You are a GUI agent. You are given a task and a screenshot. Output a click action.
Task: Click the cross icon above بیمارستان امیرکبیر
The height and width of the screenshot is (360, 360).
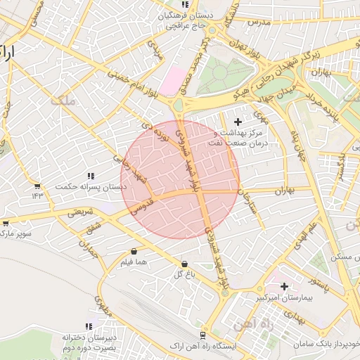(284, 286)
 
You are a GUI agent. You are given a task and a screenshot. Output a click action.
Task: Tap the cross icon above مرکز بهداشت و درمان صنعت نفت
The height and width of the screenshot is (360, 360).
(238, 122)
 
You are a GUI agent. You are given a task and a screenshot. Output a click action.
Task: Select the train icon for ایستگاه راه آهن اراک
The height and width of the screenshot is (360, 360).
(202, 335)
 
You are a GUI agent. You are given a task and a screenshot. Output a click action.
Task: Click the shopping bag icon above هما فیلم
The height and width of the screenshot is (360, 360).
(134, 251)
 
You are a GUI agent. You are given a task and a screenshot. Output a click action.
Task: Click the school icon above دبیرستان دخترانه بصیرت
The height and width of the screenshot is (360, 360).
(88, 326)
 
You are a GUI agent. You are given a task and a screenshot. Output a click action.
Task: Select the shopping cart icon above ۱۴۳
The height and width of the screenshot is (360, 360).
(37, 186)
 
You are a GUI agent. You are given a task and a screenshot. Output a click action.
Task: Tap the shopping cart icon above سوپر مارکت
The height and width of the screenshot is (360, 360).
(6, 223)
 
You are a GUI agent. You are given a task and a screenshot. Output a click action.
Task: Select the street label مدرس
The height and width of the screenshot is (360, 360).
(258, 22)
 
